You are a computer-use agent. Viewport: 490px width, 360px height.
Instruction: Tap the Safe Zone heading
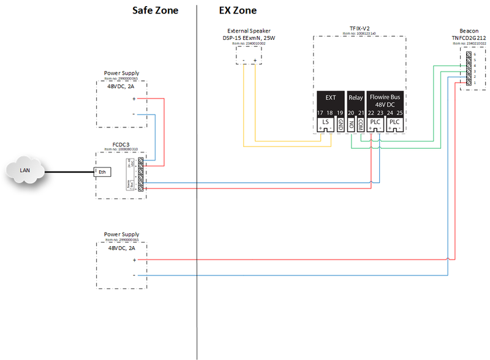[155, 11]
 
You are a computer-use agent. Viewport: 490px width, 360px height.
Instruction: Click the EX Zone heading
[238, 11]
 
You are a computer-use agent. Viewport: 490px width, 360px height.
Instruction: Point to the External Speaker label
[249, 31]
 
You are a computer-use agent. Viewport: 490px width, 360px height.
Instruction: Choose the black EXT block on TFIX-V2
[331, 98]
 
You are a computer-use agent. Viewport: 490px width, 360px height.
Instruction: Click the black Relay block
[356, 98]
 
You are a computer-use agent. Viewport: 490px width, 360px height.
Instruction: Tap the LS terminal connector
[325, 122]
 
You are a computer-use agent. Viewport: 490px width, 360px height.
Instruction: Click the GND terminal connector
[340, 122]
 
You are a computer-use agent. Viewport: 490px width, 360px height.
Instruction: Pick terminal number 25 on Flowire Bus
[401, 113]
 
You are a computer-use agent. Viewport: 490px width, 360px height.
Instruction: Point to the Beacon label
[469, 30]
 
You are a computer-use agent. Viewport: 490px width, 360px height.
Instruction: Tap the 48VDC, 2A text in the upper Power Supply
[121, 86]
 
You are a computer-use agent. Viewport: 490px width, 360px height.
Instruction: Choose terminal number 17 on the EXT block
[320, 113]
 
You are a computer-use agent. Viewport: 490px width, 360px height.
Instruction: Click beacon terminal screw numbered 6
[469, 55]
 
